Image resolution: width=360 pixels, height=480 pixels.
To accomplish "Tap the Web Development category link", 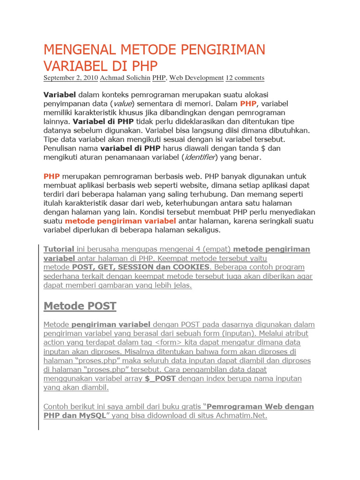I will coord(196,78).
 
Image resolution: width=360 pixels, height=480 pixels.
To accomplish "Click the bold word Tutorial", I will coord(59,249).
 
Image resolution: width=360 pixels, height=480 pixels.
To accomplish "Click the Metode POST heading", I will coord(80,307).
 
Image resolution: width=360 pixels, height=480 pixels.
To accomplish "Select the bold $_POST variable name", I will coord(160,379).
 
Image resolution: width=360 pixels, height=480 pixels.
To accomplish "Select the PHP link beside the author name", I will coord(159,78).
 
